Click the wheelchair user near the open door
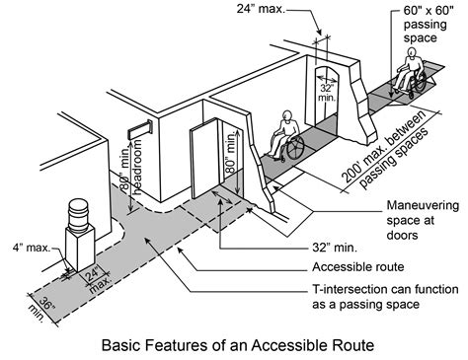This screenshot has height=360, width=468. pyautogui.click(x=286, y=136)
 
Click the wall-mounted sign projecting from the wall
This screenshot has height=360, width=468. pyautogui.click(x=137, y=129)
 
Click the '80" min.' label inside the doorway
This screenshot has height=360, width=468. pyautogui.click(x=230, y=155)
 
